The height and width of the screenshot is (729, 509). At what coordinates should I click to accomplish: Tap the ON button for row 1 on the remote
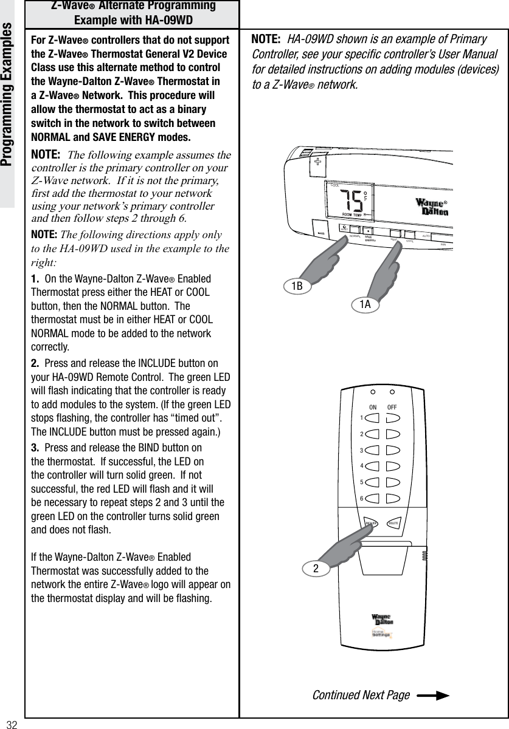pos(373,418)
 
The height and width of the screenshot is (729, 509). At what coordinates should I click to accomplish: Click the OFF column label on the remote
pos(393,407)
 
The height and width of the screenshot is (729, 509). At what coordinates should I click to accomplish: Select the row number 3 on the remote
pos(361,450)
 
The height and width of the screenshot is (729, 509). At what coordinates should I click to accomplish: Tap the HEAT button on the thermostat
pos(395,233)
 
